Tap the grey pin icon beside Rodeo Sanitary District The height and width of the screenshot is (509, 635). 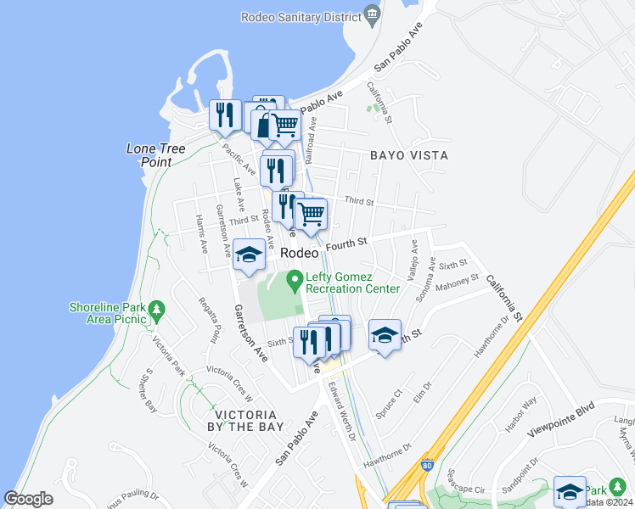coord(372,15)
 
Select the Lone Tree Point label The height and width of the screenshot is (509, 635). coord(155,155)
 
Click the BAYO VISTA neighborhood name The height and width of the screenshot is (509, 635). coord(408,156)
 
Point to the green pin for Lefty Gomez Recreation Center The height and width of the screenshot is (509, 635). coord(295,278)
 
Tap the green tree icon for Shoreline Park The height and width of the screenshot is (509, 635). coord(155,311)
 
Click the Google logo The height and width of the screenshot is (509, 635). coord(29,499)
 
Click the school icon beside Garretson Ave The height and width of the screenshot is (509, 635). coord(249,255)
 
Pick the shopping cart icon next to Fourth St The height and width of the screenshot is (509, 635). coord(312,215)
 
